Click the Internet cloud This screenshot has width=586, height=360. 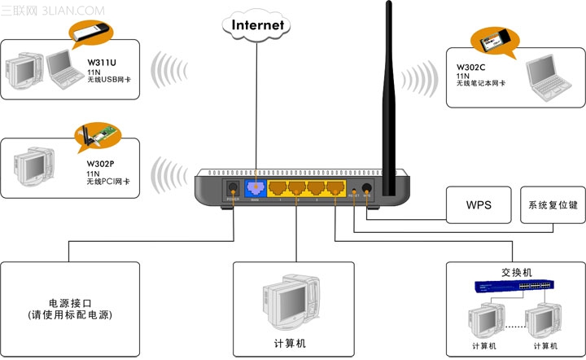click(258, 24)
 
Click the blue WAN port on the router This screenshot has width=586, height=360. click(255, 189)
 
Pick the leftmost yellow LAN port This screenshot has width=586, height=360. click(280, 189)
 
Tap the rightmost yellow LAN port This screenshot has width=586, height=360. click(334, 189)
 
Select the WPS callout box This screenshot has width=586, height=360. click(479, 204)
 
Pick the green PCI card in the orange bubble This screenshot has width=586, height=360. click(97, 138)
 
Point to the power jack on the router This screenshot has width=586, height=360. click(231, 189)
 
